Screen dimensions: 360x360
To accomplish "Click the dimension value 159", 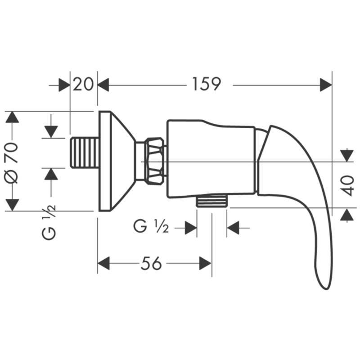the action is tap(206, 84).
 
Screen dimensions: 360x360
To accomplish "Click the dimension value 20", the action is tap(83, 84).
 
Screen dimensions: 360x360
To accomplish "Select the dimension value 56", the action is tap(151, 263).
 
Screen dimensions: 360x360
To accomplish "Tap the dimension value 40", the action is tap(346, 186).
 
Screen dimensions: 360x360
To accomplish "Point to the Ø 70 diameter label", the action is tap(11, 163).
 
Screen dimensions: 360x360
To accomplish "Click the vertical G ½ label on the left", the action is tap(49, 222).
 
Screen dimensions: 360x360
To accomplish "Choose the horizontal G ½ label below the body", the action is tap(151, 227).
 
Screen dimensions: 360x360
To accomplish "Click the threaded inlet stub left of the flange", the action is tap(85, 153).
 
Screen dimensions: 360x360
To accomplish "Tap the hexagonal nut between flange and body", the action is tap(155, 161).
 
